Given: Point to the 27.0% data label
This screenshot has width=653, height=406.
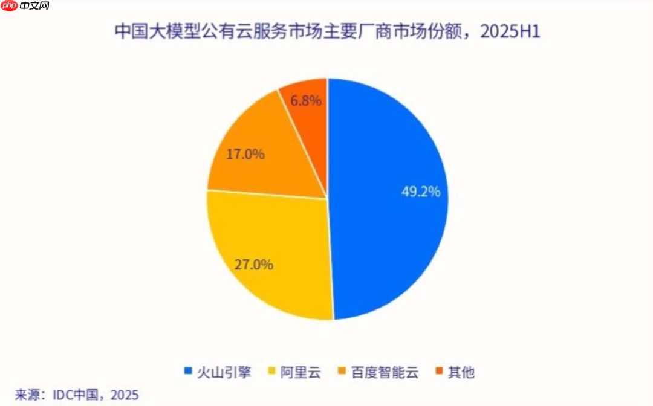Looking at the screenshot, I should (x=254, y=264).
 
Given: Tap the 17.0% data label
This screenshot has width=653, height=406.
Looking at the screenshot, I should (x=245, y=154).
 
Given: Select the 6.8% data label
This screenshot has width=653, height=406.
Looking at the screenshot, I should (x=305, y=101).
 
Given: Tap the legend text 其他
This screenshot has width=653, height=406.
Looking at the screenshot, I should (x=461, y=372).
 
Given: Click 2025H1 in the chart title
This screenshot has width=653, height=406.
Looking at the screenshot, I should (x=509, y=32).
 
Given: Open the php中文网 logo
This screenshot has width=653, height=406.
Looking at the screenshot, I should (x=25, y=7).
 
